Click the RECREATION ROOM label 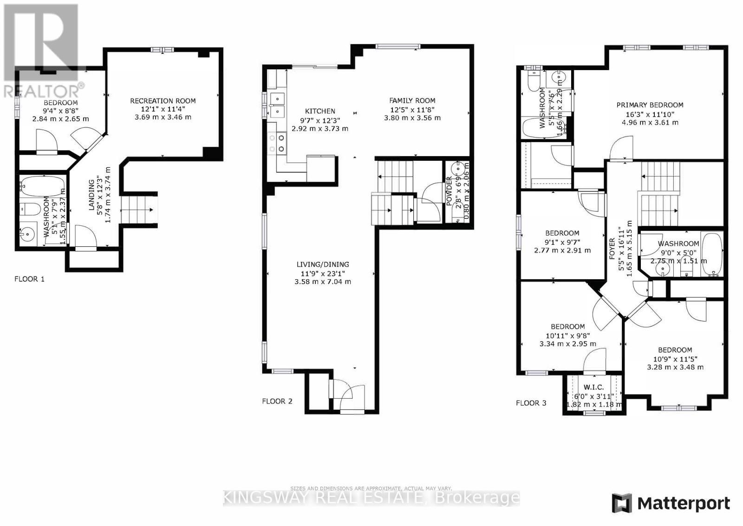163,101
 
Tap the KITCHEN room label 320,111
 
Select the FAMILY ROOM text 412,100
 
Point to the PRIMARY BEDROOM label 650,105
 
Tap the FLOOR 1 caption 29,279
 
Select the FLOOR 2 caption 277,401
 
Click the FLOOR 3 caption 531,403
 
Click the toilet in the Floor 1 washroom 30,209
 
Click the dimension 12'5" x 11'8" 412,109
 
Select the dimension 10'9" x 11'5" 675,359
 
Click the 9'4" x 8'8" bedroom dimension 61,111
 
